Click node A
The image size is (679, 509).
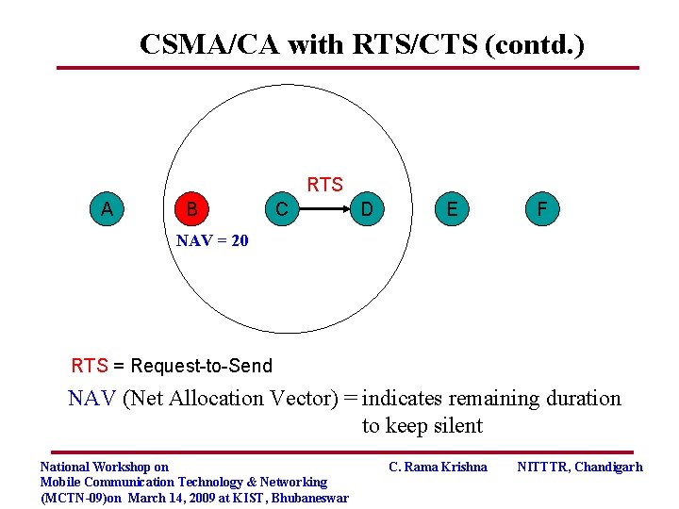(x=107, y=208)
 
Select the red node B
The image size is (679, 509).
(x=192, y=208)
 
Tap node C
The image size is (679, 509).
(x=281, y=208)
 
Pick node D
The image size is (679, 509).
(x=367, y=208)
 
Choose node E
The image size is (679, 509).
(x=453, y=208)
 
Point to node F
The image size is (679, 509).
(x=541, y=208)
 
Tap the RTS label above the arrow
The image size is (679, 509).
(x=325, y=185)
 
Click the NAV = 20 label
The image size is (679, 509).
(x=212, y=241)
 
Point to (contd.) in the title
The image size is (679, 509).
(x=534, y=44)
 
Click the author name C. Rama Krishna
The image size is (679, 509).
(x=439, y=467)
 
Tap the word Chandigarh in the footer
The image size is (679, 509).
(x=606, y=467)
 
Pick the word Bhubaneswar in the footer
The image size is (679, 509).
(x=309, y=498)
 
